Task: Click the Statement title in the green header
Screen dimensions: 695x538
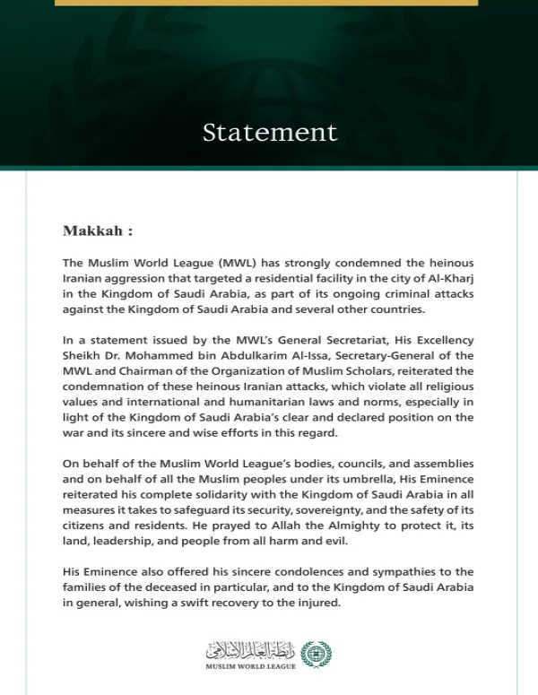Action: click(270, 133)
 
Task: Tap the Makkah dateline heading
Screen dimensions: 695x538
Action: click(98, 230)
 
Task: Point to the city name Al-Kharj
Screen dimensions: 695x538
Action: click(451, 279)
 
